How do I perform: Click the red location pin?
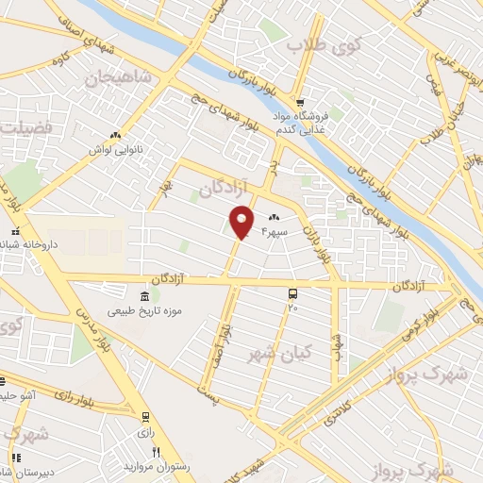tap(242, 221)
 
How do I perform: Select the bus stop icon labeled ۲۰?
tap(292, 294)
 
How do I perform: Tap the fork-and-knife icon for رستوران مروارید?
tap(157, 453)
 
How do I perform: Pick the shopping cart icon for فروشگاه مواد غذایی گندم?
tap(300, 103)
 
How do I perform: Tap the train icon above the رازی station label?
tap(145, 416)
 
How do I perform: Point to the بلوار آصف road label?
tap(222, 340)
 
